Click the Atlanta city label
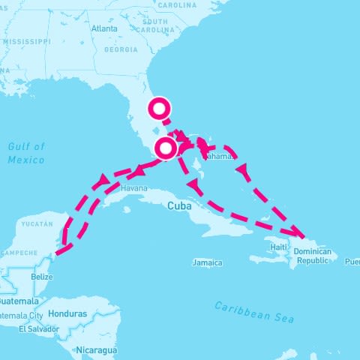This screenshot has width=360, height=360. (103, 28)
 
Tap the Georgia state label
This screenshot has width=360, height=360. (121, 50)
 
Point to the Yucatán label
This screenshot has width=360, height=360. (37, 223)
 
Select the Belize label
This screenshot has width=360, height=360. (42, 277)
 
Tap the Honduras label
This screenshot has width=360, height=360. (67, 313)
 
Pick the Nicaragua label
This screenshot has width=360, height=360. (95, 349)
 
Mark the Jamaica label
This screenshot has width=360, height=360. (207, 262)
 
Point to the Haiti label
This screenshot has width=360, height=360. (278, 247)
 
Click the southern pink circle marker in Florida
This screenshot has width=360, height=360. (166, 148)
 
